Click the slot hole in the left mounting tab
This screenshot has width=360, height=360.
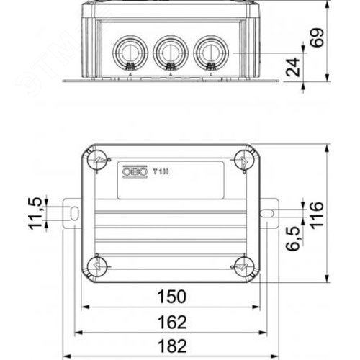73,212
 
